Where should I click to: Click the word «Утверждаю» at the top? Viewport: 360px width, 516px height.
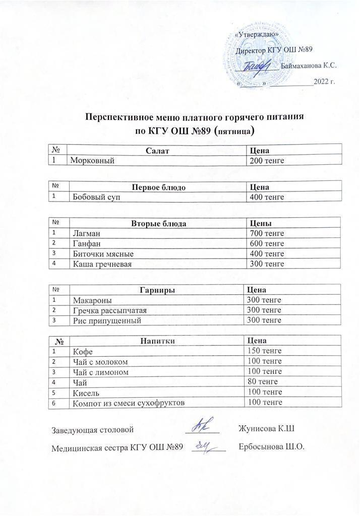point(259,35)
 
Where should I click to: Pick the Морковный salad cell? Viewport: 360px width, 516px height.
point(91,161)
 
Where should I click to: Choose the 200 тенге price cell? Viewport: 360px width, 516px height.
point(267,161)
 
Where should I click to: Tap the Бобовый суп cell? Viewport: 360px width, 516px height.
point(96,197)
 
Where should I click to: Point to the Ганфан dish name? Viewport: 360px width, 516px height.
point(87,243)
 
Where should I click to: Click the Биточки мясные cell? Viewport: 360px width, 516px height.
point(103,253)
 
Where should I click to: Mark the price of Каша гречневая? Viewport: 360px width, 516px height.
point(267,264)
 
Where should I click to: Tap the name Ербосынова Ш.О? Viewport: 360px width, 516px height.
point(272,447)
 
